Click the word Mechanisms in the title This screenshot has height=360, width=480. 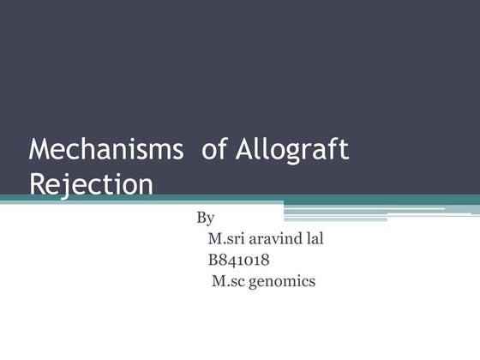coord(106,149)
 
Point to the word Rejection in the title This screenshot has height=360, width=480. coord(91,183)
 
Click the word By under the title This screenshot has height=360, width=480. coord(205,218)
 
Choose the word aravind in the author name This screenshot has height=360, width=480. coord(277,238)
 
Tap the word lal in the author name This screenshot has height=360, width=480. coord(314,238)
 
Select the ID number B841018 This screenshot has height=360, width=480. coord(239,260)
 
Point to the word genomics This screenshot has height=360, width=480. coord(283,282)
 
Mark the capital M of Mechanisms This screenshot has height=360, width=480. coord(39,149)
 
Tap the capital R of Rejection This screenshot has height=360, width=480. coord(37,183)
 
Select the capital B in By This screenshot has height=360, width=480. coord(201,218)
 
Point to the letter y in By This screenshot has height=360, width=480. coord(210,220)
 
